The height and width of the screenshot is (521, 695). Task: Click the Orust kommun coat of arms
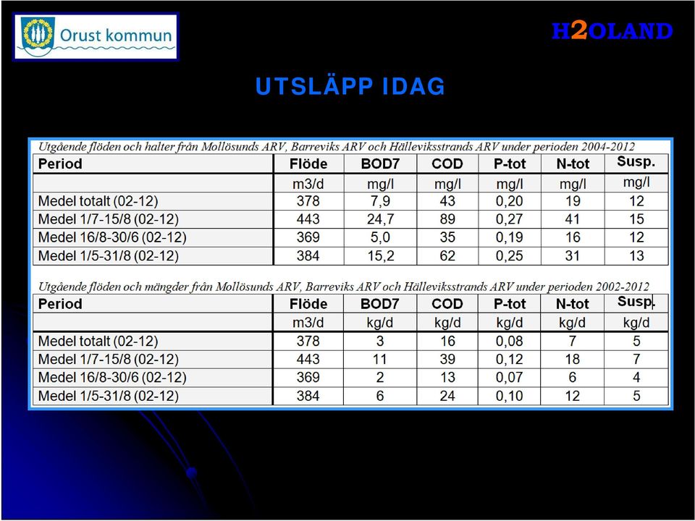pyautogui.click(x=38, y=35)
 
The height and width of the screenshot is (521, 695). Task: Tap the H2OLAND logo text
pyautogui.click(x=612, y=31)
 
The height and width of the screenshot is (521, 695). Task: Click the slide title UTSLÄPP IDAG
pyautogui.click(x=350, y=86)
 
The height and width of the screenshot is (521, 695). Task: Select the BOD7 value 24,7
pyautogui.click(x=380, y=219)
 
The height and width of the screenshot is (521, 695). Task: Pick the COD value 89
pyautogui.click(x=447, y=219)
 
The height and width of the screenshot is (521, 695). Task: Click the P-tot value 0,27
pyautogui.click(x=509, y=219)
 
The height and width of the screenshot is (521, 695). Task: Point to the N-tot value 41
pyautogui.click(x=572, y=219)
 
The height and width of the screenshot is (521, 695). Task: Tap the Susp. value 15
pyautogui.click(x=636, y=219)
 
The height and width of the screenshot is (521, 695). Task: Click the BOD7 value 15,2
pyautogui.click(x=380, y=256)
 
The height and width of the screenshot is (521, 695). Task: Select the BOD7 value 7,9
pyautogui.click(x=380, y=201)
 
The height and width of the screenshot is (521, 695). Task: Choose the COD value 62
pyautogui.click(x=447, y=256)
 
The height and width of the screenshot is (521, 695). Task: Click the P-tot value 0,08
pyautogui.click(x=509, y=341)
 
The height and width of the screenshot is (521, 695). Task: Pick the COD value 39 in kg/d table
pyautogui.click(x=447, y=360)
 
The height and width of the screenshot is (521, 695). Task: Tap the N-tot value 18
pyautogui.click(x=572, y=360)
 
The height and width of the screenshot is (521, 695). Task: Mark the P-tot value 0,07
pyautogui.click(x=509, y=378)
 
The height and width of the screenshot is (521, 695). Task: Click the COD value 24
pyautogui.click(x=447, y=396)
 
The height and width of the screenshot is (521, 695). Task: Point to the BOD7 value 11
pyautogui.click(x=380, y=360)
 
